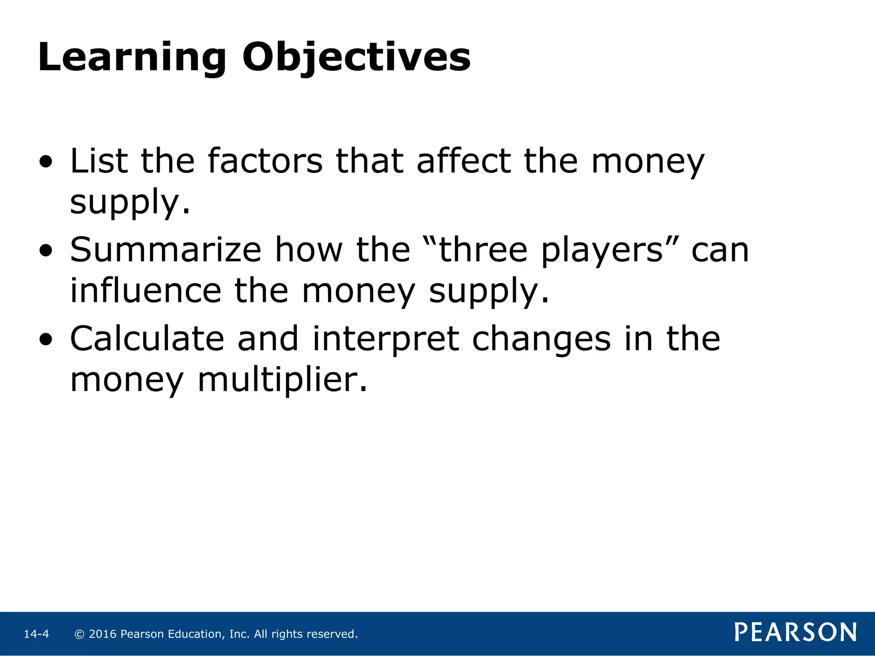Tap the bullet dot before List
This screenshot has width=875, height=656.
pyautogui.click(x=46, y=163)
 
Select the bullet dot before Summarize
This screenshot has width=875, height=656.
pyautogui.click(x=46, y=252)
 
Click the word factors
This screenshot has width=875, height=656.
pyautogui.click(x=265, y=161)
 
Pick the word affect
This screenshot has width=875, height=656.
pyautogui.click(x=464, y=161)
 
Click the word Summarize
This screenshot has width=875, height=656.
pyautogui.click(x=165, y=250)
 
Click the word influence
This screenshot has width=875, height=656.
pyautogui.click(x=146, y=291)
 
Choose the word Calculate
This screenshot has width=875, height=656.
pyautogui.click(x=147, y=339)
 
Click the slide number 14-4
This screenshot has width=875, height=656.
pyautogui.click(x=36, y=634)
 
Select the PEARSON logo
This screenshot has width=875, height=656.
pyautogui.click(x=796, y=633)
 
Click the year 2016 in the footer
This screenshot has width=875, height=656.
pyautogui.click(x=103, y=634)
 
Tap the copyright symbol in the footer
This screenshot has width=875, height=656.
pyautogui.click(x=79, y=634)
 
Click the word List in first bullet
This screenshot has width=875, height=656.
pyautogui.click(x=99, y=161)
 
